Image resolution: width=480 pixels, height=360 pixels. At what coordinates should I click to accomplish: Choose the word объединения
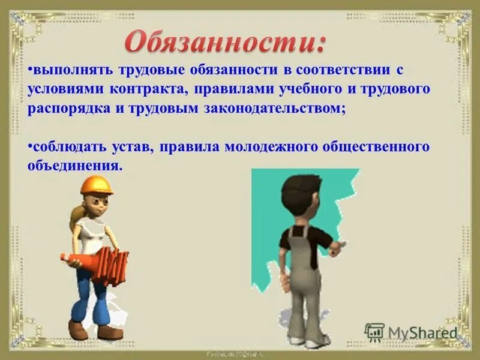[73, 166]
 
